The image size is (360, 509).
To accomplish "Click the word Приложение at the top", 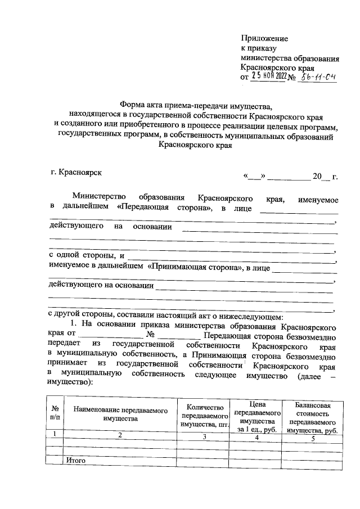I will point(264,38).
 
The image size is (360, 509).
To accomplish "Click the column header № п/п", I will point(55,414).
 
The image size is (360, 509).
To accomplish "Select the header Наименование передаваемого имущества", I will point(120,415).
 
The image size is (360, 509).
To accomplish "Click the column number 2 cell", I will point(120,435).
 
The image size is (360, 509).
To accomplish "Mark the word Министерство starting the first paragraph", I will point(97,199).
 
